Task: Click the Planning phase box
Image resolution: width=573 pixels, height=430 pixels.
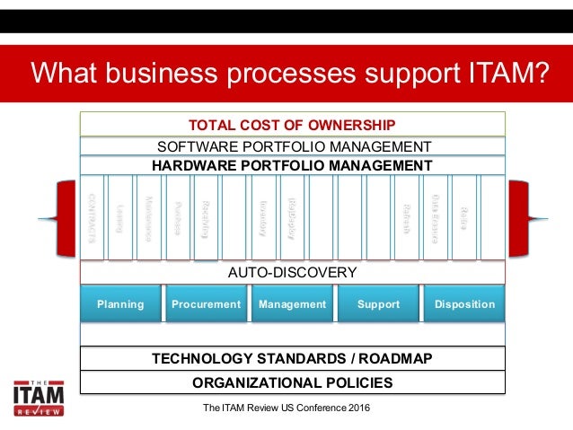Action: (x=120, y=304)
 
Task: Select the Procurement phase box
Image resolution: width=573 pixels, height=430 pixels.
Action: (x=207, y=304)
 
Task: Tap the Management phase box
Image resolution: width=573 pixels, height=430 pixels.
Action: (x=292, y=304)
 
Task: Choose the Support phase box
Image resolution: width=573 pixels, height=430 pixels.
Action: (x=378, y=304)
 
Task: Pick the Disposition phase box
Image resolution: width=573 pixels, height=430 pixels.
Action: (x=464, y=304)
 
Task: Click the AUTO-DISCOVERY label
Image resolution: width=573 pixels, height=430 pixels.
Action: (x=293, y=272)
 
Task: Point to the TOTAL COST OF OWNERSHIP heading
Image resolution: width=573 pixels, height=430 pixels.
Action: (x=293, y=125)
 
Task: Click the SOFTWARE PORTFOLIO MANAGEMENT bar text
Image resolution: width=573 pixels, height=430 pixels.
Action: (x=293, y=146)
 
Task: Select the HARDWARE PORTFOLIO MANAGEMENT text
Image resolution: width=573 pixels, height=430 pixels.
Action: (x=293, y=165)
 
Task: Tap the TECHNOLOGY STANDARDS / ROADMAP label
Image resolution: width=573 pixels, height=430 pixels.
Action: (x=293, y=359)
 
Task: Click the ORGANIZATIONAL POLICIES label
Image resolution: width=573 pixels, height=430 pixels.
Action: (x=293, y=382)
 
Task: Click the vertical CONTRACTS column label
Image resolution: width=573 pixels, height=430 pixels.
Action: (x=93, y=215)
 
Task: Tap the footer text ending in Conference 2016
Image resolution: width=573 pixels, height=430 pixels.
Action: (x=287, y=409)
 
